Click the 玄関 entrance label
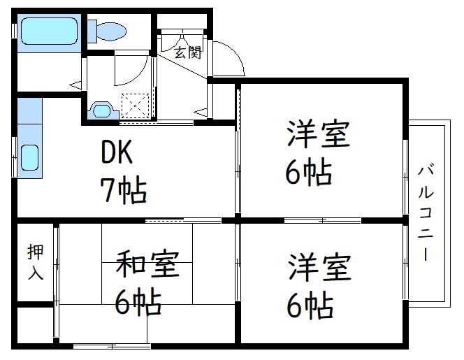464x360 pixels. click(x=188, y=52)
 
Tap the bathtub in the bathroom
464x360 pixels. click(x=50, y=31)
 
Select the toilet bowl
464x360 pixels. click(x=111, y=31)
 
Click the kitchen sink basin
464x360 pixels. click(x=29, y=157)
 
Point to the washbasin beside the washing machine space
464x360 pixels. click(x=102, y=110)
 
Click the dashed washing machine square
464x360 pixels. click(x=136, y=106)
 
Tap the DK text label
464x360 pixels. click(x=116, y=152)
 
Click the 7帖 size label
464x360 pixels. click(x=123, y=189)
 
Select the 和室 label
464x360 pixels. click(x=147, y=264)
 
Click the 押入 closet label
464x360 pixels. click(x=36, y=261)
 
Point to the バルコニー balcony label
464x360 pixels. click(x=426, y=213)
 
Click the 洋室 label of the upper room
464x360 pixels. click(x=319, y=134)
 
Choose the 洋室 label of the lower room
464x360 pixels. click(x=319, y=267)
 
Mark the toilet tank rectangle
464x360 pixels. click(x=92, y=31)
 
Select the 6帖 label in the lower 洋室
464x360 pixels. click(x=310, y=305)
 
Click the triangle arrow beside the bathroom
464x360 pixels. click(x=75, y=85)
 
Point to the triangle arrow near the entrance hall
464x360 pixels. click(x=201, y=113)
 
